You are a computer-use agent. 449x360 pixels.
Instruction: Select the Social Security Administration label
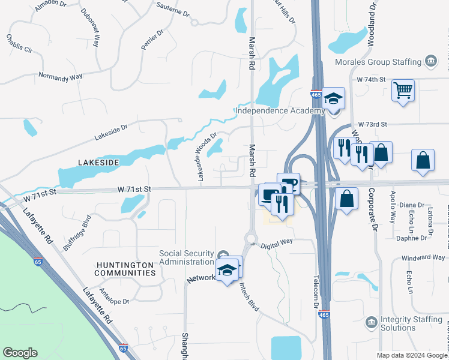tap(185, 257)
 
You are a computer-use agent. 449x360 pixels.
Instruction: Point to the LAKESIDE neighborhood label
tap(98, 163)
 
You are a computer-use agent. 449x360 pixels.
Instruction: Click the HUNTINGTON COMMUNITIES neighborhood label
tap(125, 268)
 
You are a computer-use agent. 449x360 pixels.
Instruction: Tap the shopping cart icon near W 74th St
tap(403, 91)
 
